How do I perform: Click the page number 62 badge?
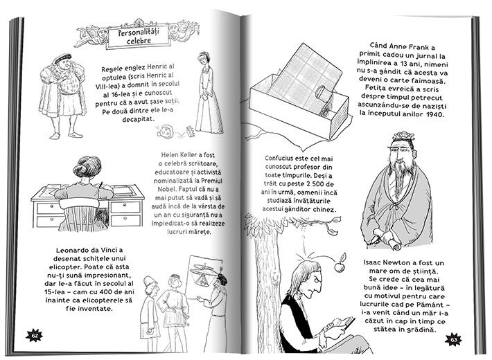click(x=34, y=336)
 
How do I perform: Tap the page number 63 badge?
click(x=453, y=340)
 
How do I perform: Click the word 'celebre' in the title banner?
click(x=139, y=41)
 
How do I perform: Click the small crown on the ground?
click(x=189, y=131)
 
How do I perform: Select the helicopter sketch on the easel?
click(x=204, y=273)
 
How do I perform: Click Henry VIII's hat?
click(x=63, y=59)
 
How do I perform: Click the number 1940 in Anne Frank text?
click(x=435, y=114)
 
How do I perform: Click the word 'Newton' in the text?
click(x=410, y=263)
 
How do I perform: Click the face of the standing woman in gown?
click(x=204, y=60)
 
